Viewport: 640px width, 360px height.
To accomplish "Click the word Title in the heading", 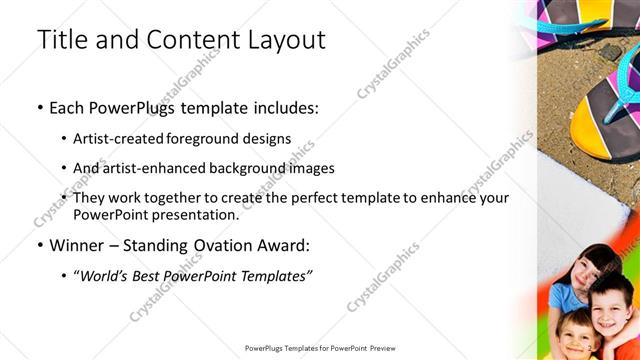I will coord(61,40).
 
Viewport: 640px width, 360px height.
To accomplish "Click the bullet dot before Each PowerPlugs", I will coord(39,106).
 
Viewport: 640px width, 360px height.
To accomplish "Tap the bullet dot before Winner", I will coord(39,244).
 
